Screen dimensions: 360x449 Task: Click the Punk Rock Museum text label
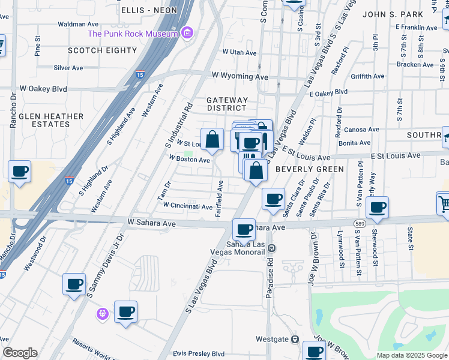tap(133, 34)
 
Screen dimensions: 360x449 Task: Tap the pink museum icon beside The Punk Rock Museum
tap(187, 32)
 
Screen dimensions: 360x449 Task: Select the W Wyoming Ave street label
tap(240, 76)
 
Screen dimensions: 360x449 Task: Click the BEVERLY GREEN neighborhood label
tap(309, 169)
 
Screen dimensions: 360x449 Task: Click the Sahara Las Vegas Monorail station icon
tap(271, 247)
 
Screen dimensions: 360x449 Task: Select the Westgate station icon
tap(295, 339)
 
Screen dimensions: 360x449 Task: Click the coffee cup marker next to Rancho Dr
tap(20, 172)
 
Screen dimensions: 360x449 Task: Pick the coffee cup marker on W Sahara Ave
tap(244, 229)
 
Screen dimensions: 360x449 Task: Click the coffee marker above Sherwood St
tap(377, 208)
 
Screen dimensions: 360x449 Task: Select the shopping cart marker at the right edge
tap(444, 203)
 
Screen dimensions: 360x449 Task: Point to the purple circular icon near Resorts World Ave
tap(103, 313)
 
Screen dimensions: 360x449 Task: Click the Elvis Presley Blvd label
tap(199, 354)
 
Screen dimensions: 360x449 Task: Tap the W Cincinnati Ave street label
tap(188, 206)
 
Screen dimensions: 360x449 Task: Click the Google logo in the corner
tap(20, 353)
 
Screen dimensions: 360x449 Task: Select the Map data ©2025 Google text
tap(411, 355)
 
